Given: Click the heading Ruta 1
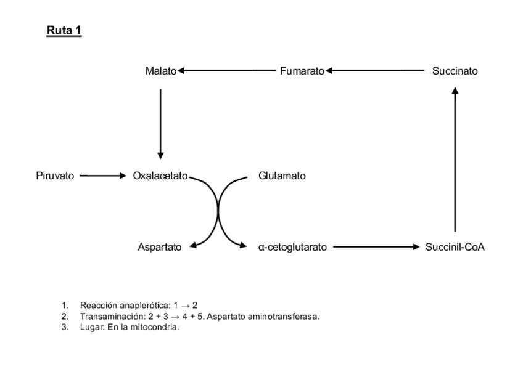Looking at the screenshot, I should tap(64, 30).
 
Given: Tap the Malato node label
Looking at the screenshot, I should tap(160, 71).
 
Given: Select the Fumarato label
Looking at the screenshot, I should tap(302, 71).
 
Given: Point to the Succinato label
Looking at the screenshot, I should tap(455, 71).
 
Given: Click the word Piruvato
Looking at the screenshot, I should tap(55, 176).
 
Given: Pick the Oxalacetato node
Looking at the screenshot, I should tap(160, 176).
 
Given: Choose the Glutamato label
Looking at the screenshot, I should tap(282, 176).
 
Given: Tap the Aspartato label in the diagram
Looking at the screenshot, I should tap(160, 247).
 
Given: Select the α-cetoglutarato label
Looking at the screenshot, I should tap(293, 247).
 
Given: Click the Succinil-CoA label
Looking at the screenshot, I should tap(455, 247).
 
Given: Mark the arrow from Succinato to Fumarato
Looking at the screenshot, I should tap(376, 71).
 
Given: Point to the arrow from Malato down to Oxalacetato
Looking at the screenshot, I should tap(160, 123).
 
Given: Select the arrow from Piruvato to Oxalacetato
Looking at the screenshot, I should tap(102, 176).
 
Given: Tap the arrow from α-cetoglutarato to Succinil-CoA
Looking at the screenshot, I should tap(376, 247).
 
